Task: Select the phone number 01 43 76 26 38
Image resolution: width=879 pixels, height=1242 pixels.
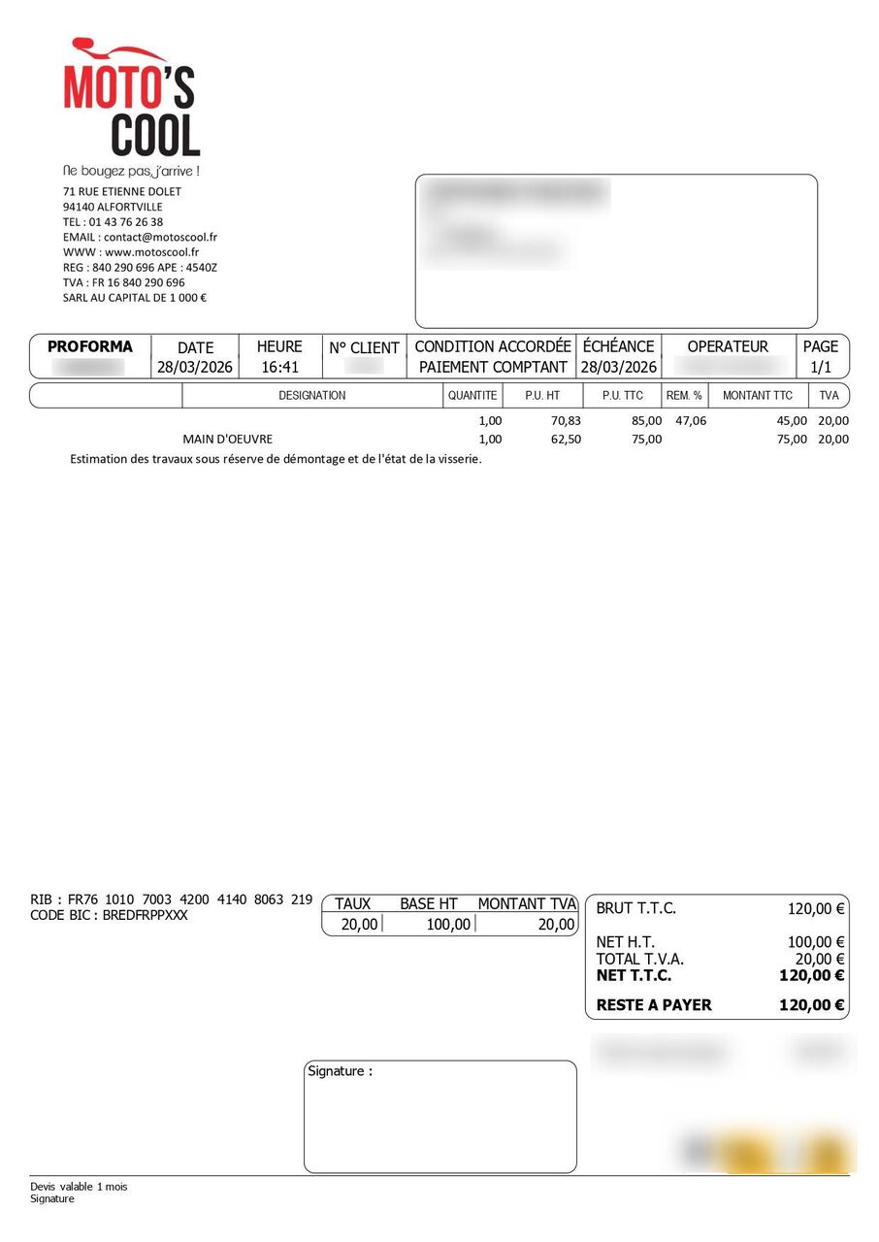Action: [126, 222]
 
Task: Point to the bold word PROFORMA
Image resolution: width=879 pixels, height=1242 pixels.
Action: [89, 346]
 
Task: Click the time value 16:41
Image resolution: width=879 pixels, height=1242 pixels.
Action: [279, 368]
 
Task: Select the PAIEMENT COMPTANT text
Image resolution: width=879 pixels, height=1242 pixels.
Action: [493, 368]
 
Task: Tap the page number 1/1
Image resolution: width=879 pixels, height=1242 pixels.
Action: [821, 368]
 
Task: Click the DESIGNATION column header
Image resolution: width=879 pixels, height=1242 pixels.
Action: [311, 396]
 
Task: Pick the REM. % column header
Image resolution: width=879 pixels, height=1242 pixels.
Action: [684, 396]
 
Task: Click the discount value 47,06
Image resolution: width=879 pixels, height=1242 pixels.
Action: [691, 421]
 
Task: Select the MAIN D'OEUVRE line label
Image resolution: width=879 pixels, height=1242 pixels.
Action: [228, 440]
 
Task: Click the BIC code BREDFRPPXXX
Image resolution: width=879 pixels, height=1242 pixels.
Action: [146, 915]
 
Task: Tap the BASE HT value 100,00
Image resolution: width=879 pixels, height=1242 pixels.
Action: [448, 925]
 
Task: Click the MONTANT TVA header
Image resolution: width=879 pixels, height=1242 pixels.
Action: [527, 903]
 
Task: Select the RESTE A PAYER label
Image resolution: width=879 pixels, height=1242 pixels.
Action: [654, 1005]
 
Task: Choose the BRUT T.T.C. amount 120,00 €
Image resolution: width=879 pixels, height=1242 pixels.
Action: [815, 909]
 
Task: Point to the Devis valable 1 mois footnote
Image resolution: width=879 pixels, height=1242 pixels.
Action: [79, 1187]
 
